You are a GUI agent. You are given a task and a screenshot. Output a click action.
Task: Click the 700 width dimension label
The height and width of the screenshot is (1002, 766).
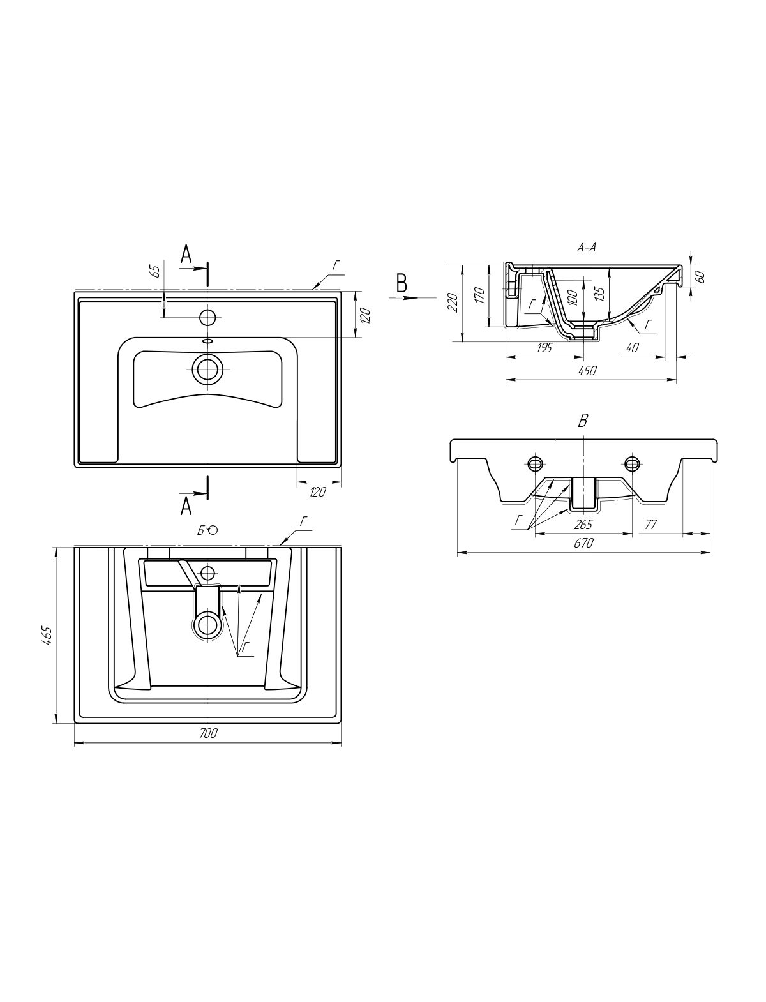tap(208, 733)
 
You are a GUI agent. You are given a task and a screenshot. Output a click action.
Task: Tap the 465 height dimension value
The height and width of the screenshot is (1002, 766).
tap(48, 636)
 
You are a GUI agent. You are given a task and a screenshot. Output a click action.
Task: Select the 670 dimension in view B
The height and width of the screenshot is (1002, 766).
tap(584, 542)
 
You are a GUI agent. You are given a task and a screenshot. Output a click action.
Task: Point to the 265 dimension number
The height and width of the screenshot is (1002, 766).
tap(583, 525)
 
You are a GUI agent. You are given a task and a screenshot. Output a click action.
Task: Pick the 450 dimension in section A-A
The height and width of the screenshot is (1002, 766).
tap(587, 371)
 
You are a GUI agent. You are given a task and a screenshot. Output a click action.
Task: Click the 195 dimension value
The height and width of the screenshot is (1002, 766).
tap(543, 348)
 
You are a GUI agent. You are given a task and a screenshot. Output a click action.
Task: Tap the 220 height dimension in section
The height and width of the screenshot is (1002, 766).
tap(453, 303)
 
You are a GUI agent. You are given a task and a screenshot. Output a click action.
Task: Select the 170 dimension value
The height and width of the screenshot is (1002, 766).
tap(479, 295)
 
